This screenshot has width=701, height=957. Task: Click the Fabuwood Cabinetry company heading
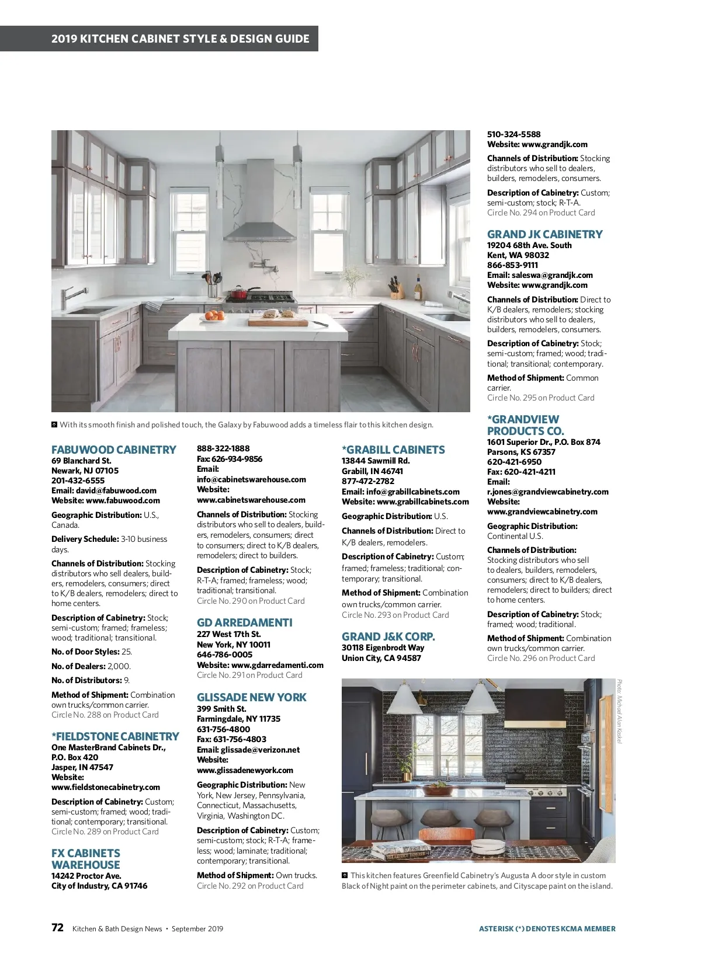click(113, 450)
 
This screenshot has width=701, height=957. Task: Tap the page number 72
click(57, 927)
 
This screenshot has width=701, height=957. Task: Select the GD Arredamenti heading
click(244, 622)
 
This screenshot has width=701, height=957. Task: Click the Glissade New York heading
click(251, 697)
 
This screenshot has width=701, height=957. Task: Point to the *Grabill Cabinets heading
click(393, 450)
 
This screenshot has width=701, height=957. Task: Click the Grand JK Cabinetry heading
click(544, 234)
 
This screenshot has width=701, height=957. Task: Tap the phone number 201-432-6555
click(78, 481)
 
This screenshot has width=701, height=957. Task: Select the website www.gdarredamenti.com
click(277, 665)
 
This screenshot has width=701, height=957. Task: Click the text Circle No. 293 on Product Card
click(395, 615)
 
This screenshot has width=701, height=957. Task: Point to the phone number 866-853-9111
click(512, 265)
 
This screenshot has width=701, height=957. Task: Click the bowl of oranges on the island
click(214, 316)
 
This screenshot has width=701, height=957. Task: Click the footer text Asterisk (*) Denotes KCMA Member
click(547, 928)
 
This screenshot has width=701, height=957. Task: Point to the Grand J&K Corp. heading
click(388, 636)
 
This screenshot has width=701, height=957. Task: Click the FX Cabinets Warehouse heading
click(85, 859)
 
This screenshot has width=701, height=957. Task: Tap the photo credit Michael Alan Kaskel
click(620, 711)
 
